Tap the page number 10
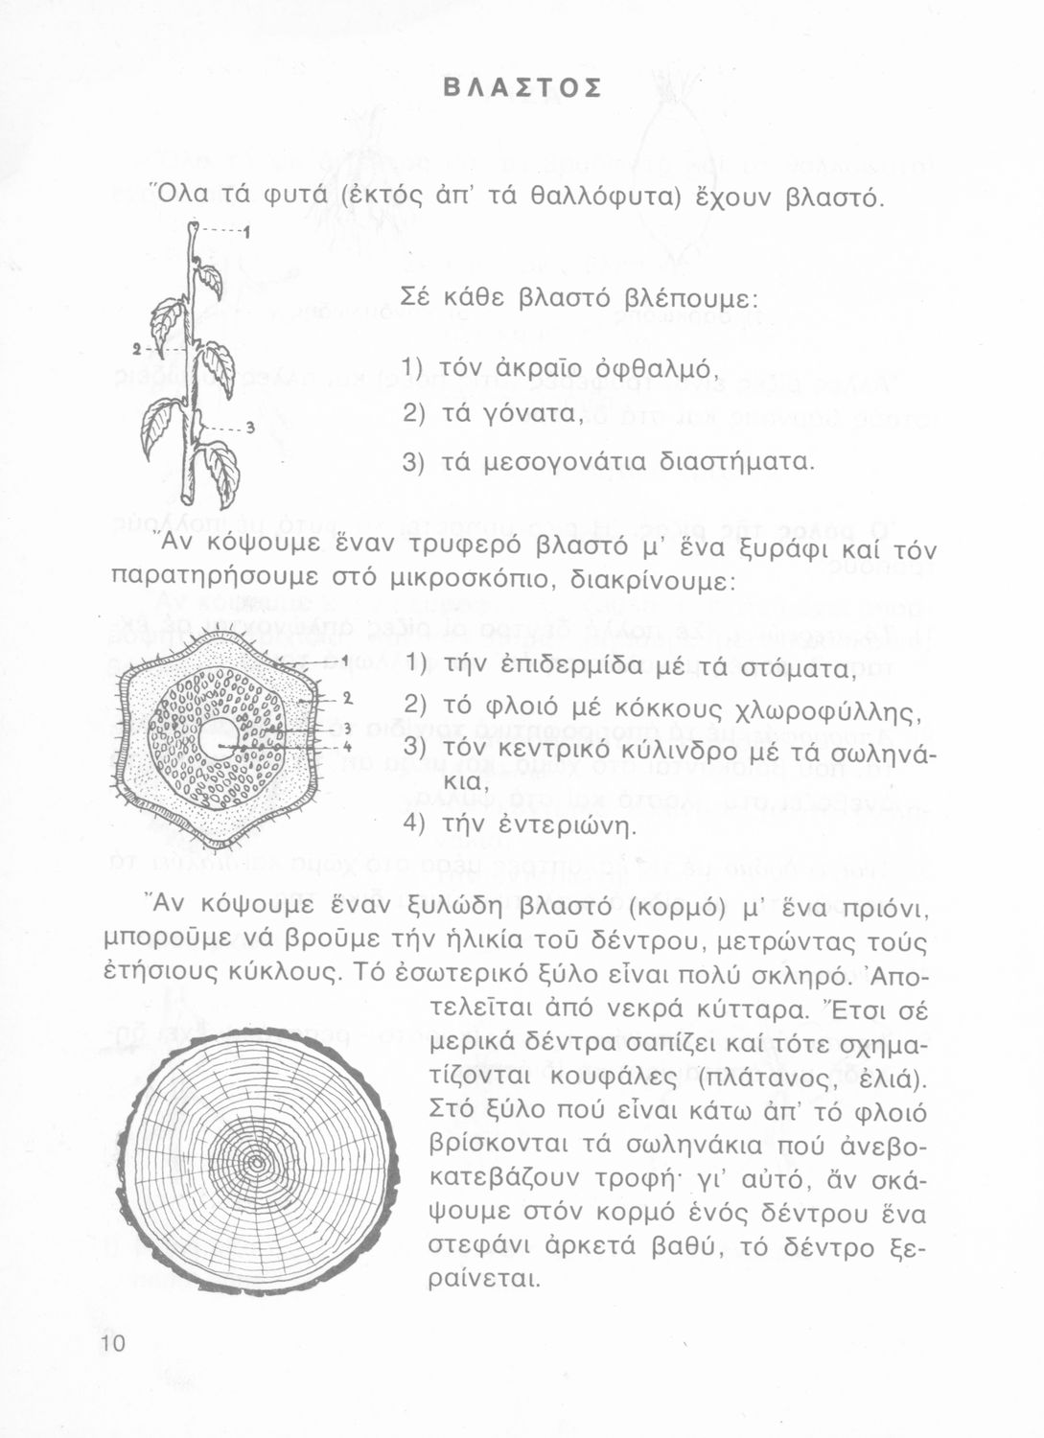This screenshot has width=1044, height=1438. tap(112, 1343)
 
